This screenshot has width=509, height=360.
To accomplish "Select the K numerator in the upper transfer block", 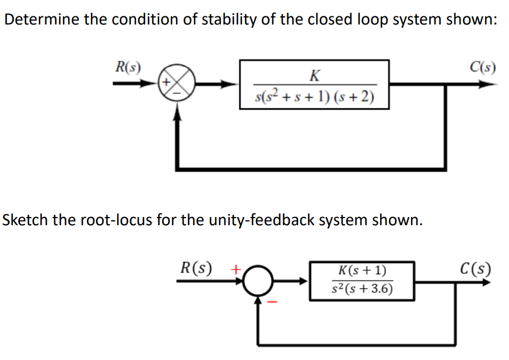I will [x=314, y=74].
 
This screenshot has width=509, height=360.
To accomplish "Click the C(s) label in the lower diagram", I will [x=475, y=270].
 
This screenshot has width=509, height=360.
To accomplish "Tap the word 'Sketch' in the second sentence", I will [x=23, y=221].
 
